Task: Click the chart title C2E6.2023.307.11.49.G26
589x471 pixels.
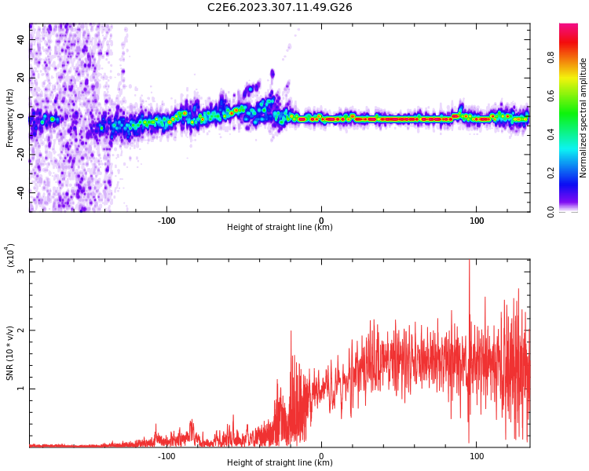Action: pyautogui.click(x=280, y=7)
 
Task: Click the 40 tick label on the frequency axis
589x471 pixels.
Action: pyautogui.click(x=20, y=39)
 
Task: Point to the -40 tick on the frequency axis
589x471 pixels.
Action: pyautogui.click(x=20, y=192)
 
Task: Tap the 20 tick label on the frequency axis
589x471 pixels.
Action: pyautogui.click(x=20, y=78)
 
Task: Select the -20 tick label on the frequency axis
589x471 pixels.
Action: pyautogui.click(x=20, y=154)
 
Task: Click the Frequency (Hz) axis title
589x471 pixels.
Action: pyautogui.click(x=9, y=118)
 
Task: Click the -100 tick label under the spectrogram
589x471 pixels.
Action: pyautogui.click(x=166, y=221)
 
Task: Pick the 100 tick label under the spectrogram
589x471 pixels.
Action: pyautogui.click(x=477, y=221)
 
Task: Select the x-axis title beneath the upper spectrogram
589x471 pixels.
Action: pyautogui.click(x=280, y=228)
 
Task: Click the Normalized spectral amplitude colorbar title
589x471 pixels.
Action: pyautogui.click(x=584, y=118)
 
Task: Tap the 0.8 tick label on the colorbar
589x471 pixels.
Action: pyautogui.click(x=551, y=57)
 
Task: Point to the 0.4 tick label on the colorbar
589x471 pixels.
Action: pyautogui.click(x=551, y=134)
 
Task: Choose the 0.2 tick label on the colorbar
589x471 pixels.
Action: pyautogui.click(x=551, y=173)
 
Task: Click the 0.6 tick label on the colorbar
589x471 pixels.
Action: pyautogui.click(x=551, y=96)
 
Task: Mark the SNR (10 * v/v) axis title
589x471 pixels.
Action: pyautogui.click(x=9, y=353)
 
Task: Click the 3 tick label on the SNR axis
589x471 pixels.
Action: pyautogui.click(x=20, y=272)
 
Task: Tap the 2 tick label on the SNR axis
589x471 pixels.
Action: pyautogui.click(x=20, y=330)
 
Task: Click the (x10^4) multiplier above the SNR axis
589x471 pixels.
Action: pyautogui.click(x=9, y=255)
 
